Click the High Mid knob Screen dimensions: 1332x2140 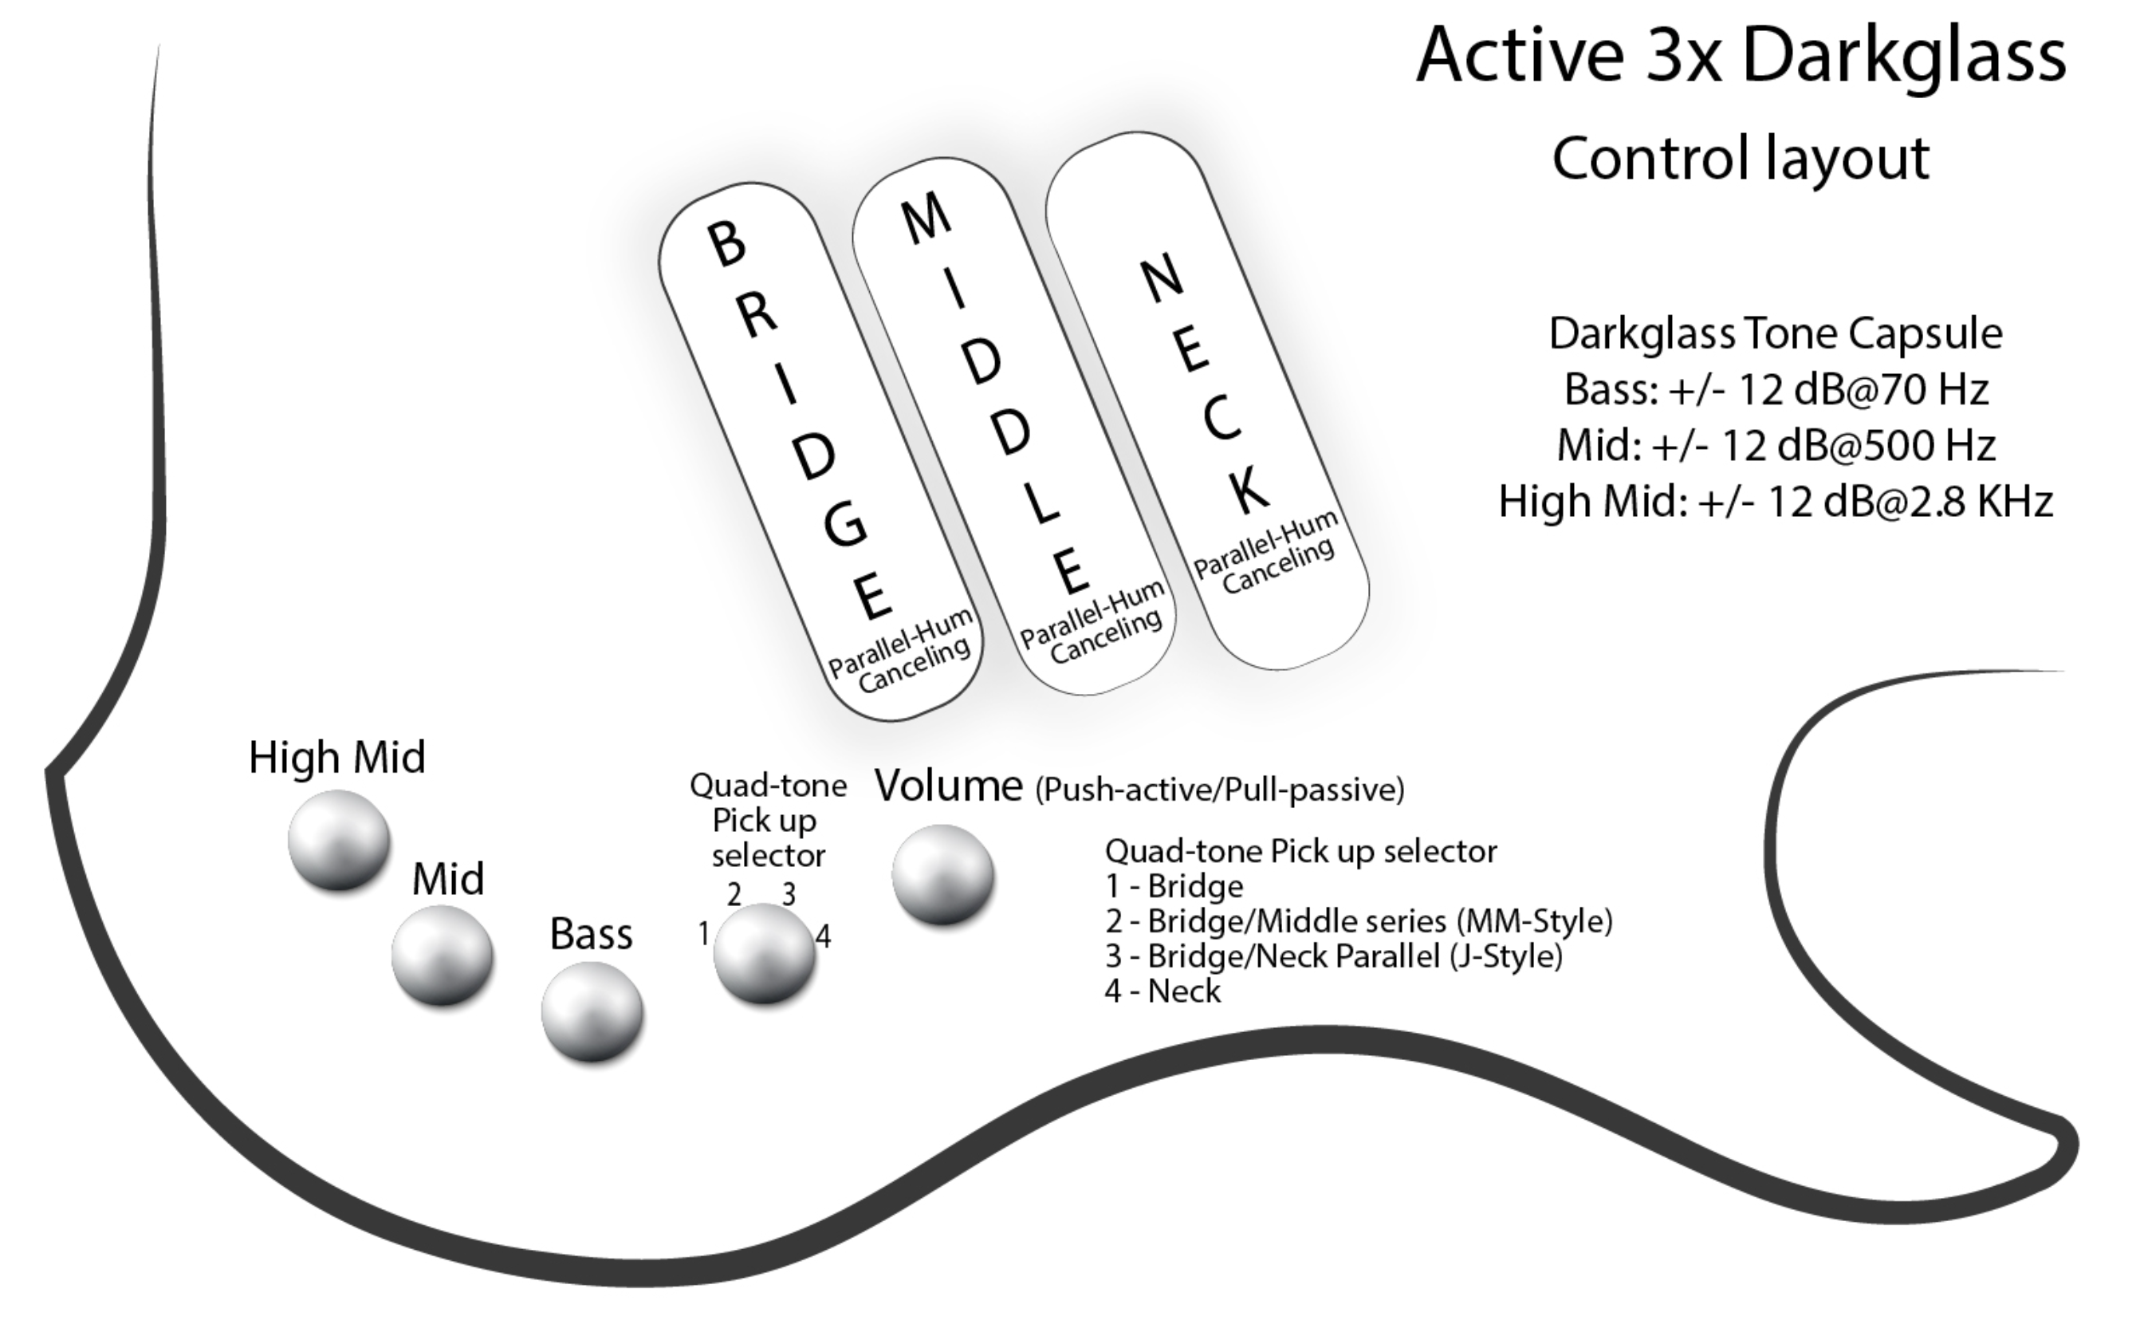click(339, 838)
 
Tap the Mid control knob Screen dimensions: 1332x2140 click(442, 955)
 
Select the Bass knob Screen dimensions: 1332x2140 click(592, 1012)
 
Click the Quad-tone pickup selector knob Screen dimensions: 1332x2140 click(764, 953)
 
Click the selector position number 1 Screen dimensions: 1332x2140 click(702, 934)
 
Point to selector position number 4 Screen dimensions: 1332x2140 click(823, 936)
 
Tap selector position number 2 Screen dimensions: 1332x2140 click(734, 895)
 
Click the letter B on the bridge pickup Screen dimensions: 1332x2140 click(727, 243)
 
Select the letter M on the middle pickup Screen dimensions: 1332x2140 click(926, 219)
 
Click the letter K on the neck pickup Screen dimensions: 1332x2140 click(1249, 491)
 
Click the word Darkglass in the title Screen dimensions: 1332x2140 click(1903, 56)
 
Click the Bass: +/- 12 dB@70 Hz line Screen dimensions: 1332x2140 click(1776, 389)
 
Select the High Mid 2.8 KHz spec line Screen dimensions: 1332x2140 click(1776, 501)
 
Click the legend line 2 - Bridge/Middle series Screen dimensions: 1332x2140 click(1358, 921)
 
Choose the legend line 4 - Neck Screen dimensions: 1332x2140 click(1162, 991)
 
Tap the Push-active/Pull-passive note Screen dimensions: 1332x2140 click(1219, 790)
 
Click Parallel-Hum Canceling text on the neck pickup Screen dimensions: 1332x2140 click(1266, 554)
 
